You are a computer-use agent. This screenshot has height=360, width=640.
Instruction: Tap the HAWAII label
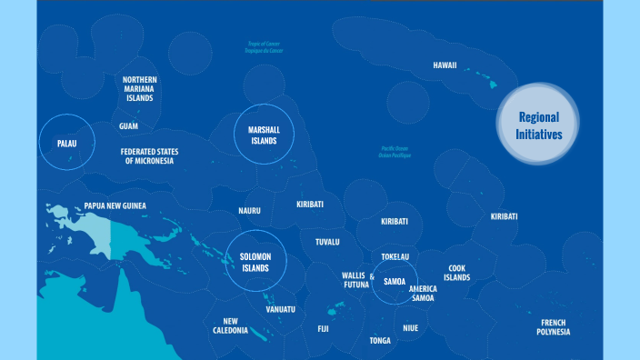point(445,65)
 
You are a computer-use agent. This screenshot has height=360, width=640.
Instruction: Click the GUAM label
point(128,125)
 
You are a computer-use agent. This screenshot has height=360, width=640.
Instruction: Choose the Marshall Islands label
point(264,135)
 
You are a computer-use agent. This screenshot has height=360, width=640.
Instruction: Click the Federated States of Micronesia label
point(150,155)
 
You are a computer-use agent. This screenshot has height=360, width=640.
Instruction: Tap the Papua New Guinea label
point(115,205)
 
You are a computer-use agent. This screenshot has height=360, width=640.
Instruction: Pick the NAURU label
point(249,211)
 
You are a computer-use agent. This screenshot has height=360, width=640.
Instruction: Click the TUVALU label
point(327,242)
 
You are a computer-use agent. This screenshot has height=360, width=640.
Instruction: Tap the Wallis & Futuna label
point(355,279)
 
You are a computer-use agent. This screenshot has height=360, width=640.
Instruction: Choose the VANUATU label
point(280,309)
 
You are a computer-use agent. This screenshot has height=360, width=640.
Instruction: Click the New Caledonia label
point(231,325)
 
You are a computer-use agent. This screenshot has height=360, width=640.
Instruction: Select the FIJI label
point(323,329)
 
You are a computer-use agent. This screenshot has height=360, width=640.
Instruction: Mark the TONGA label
point(380,341)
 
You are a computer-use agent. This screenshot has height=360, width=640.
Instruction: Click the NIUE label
point(410,327)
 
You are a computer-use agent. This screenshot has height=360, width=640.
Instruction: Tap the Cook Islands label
point(456,273)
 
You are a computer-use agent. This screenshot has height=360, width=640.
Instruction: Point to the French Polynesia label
point(554,327)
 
